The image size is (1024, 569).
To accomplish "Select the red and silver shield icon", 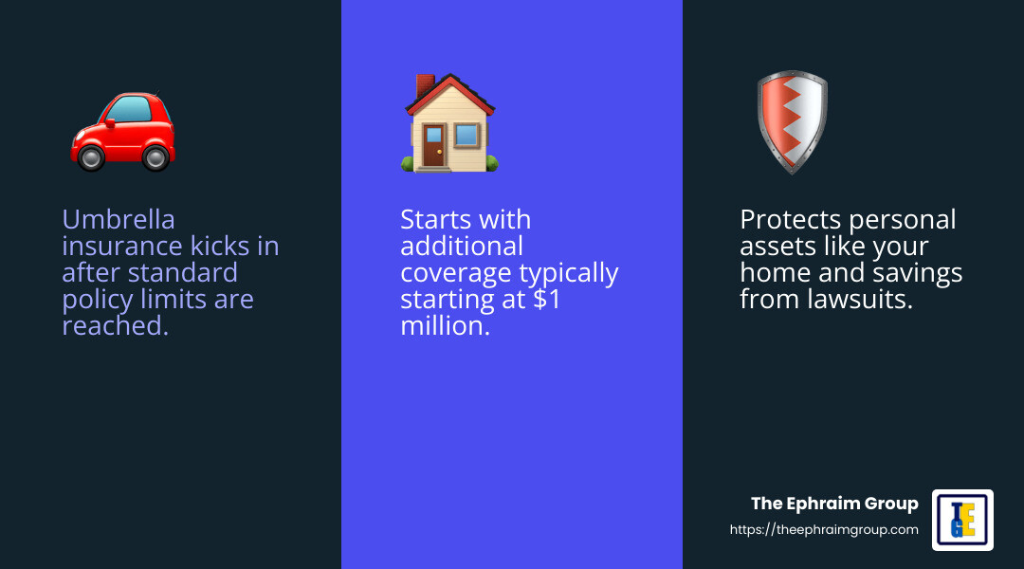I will pyautogui.click(x=792, y=122).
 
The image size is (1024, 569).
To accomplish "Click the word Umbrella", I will pyautogui.click(x=119, y=220).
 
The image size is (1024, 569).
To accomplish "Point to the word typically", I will pyautogui.click(x=568, y=273).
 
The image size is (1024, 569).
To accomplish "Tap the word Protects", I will pyautogui.click(x=791, y=220).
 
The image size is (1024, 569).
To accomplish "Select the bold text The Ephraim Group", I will pyautogui.click(x=834, y=504).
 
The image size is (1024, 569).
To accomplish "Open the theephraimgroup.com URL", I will pyautogui.click(x=824, y=530).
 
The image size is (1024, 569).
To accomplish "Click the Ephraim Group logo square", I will pyautogui.click(x=962, y=520).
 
